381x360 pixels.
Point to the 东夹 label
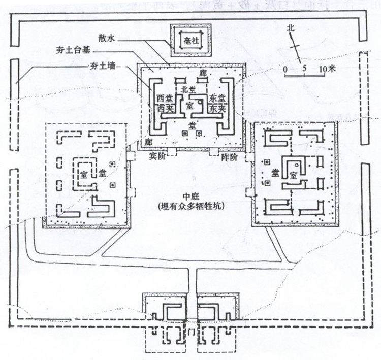tap(218, 108)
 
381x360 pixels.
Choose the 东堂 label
tap(218, 98)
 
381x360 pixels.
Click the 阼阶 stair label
tap(230, 157)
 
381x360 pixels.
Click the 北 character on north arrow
tap(291, 29)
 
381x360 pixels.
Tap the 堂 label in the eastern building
tap(277, 173)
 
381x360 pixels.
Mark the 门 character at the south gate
tap(190, 330)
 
